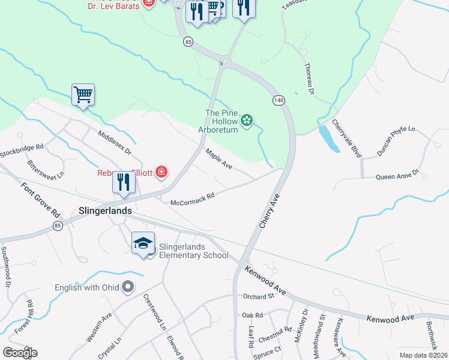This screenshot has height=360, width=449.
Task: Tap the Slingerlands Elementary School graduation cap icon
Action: [143, 244]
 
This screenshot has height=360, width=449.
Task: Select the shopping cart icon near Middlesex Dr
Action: [83, 94]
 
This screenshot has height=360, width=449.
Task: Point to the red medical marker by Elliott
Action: [161, 173]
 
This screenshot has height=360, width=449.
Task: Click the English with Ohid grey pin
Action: [127, 288]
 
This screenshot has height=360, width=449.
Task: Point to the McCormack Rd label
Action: [192, 199]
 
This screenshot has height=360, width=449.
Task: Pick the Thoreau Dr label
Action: [310, 77]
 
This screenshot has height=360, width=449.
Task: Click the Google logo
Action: [20, 352]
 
